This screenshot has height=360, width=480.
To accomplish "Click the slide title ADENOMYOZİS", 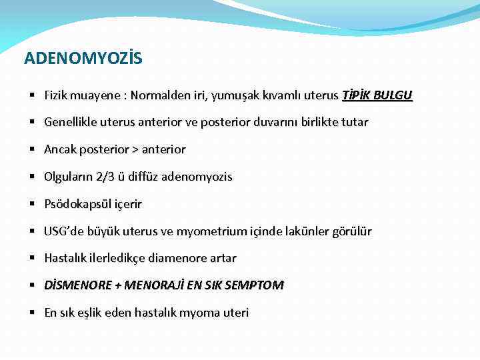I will pos(83,59).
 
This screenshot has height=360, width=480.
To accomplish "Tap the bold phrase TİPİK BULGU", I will pos(377,95).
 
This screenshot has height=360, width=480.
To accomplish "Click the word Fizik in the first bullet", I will pos(57,95).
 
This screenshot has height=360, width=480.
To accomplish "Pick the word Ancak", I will pos(60,149).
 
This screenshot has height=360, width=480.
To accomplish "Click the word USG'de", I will pos(63,231).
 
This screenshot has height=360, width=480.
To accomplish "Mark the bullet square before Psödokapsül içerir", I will pos(32,204).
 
